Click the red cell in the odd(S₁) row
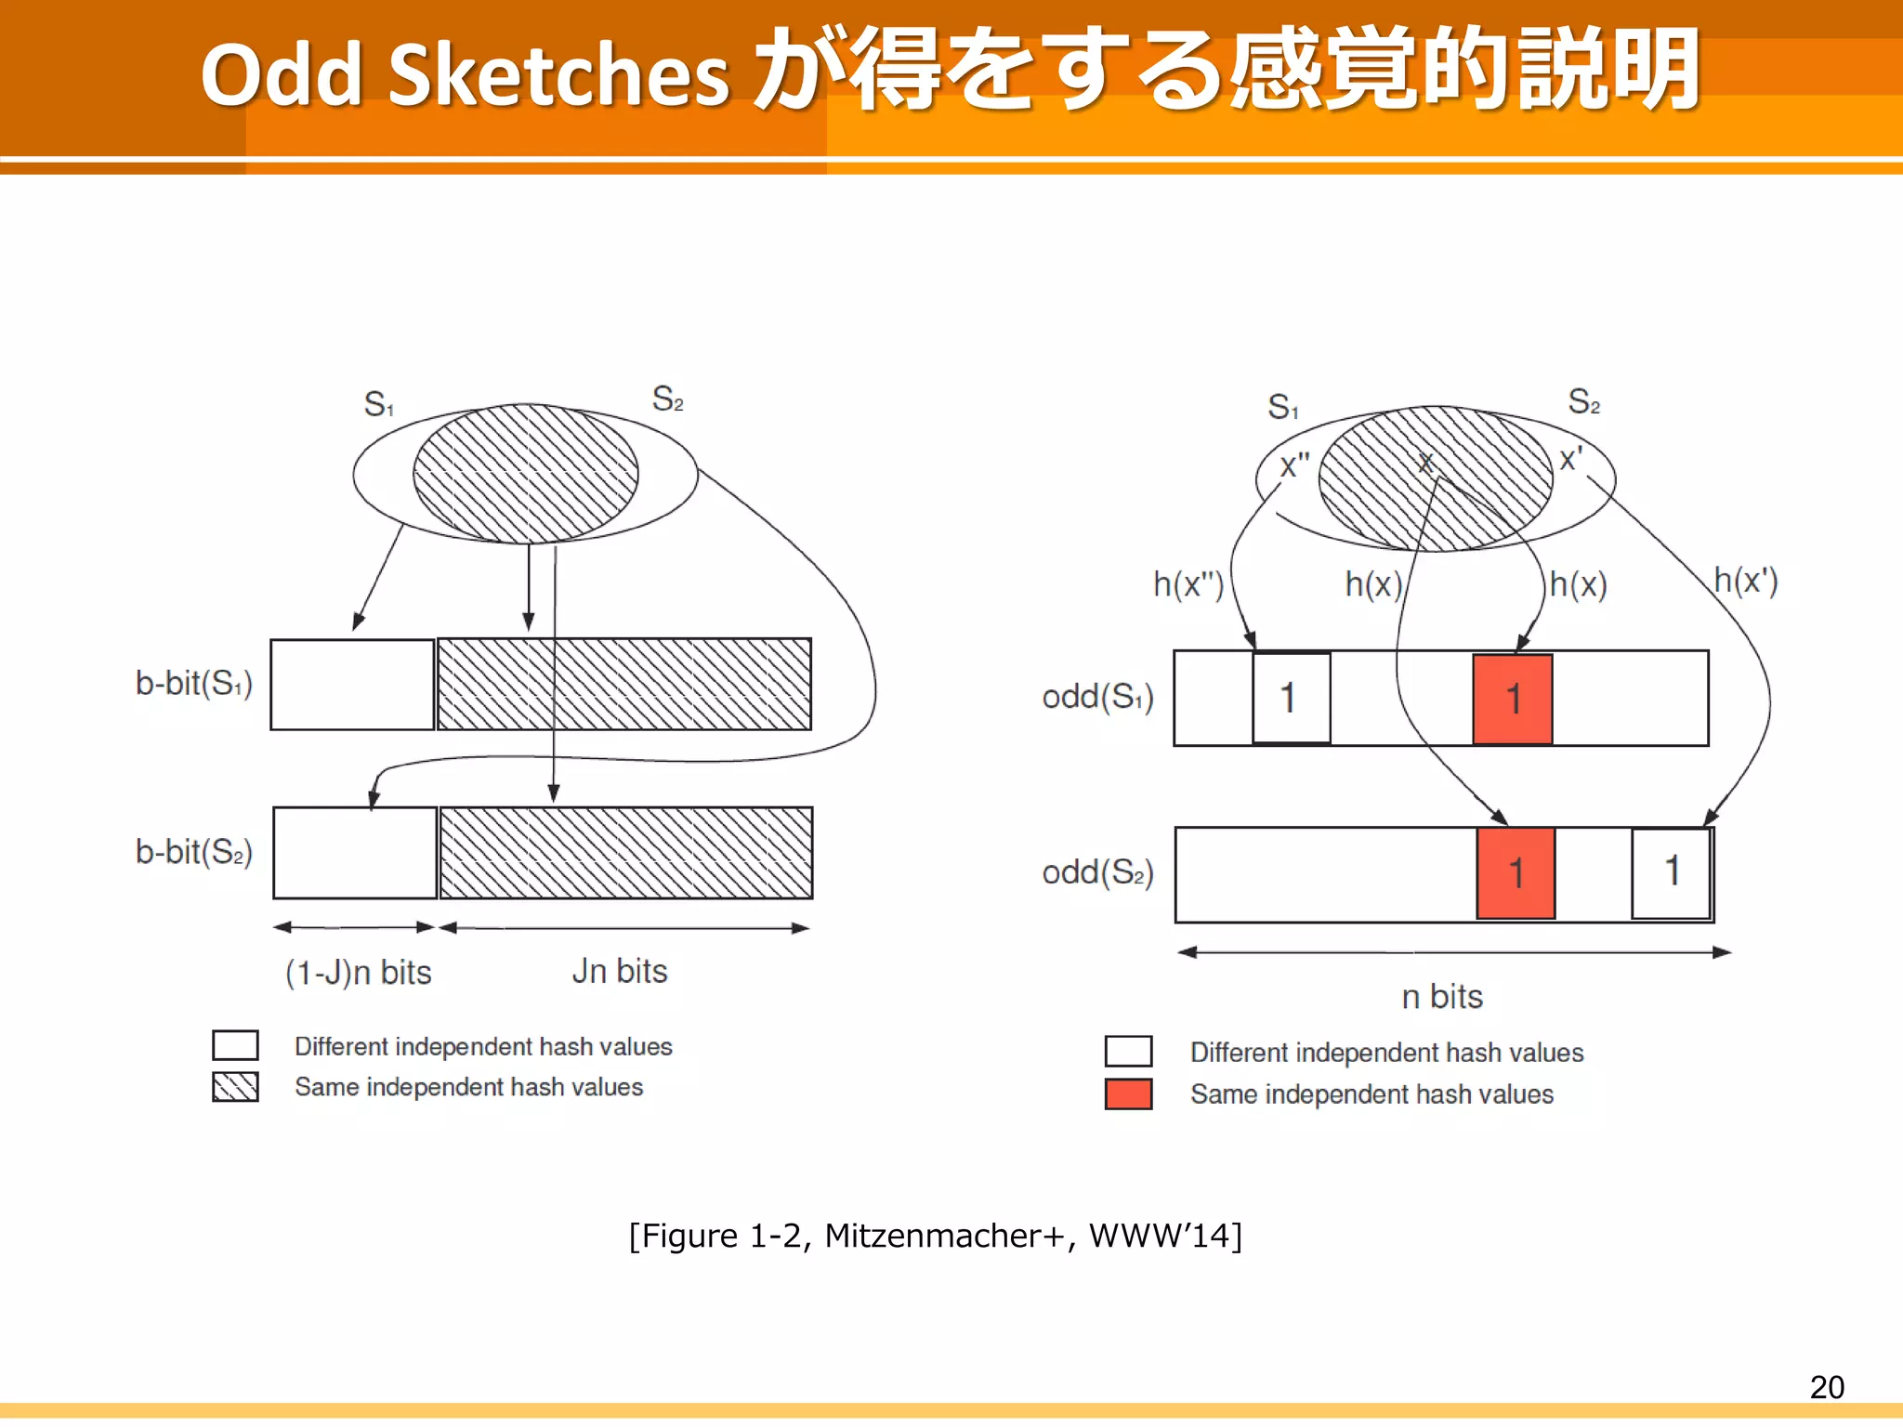1512,699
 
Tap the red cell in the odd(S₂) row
1516,873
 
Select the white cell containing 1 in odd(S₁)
1291,698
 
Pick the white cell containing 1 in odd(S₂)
1671,872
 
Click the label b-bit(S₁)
193,684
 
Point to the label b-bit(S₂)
193,852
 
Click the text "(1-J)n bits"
358,973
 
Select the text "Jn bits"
620,971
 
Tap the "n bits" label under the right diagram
1442,997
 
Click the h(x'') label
1188,584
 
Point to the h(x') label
1745,581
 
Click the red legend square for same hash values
1128,1093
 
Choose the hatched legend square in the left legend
235,1086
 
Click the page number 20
1826,1387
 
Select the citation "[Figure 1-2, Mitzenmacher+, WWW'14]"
935,1236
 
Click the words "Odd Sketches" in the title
465,74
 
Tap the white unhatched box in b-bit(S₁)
352,685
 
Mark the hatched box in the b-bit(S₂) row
625,853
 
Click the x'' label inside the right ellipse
1293,465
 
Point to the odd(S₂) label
1097,873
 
